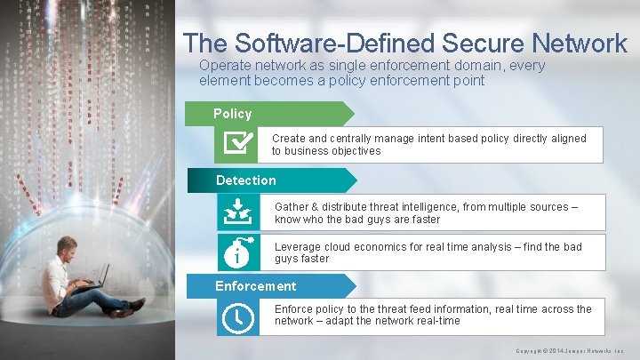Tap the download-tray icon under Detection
coord(238,212)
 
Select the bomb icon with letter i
coord(238,252)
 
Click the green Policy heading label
coord(233,114)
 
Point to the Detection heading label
coord(246,180)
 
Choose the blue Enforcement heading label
coord(256,286)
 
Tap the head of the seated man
coord(67,247)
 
